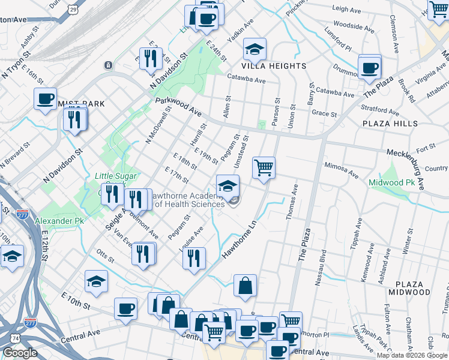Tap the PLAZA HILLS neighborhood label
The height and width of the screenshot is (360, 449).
390,123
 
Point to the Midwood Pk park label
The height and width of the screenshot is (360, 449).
391,182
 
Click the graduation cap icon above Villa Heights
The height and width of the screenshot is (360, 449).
255,49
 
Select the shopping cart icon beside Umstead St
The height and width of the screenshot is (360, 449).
264,167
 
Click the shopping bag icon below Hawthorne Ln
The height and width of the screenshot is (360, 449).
245,286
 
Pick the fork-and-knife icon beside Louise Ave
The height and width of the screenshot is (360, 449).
193,258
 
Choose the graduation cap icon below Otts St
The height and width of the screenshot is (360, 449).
96,281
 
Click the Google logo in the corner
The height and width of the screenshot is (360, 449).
20,353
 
